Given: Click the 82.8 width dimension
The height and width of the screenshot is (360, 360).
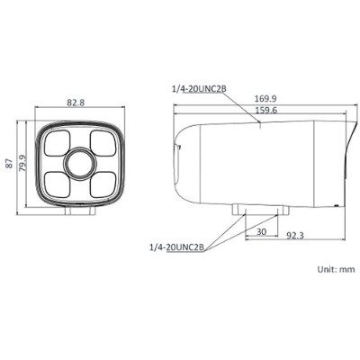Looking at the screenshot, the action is click(x=76, y=103).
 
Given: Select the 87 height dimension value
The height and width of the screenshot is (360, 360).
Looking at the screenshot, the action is click(x=10, y=164).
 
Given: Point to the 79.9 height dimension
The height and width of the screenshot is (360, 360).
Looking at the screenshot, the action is click(x=22, y=163).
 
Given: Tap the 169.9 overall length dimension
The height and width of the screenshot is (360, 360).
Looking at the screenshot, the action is click(x=265, y=98).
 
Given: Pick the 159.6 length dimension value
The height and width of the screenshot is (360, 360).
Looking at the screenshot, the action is click(x=265, y=110).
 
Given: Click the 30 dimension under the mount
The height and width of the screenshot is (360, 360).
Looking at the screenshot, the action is click(x=262, y=232).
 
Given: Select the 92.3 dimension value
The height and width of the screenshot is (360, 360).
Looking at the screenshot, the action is click(x=294, y=236).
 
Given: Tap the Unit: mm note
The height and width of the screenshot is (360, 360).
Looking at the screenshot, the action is click(x=336, y=269).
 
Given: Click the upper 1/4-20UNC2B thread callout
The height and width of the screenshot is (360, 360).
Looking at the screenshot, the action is click(x=199, y=89).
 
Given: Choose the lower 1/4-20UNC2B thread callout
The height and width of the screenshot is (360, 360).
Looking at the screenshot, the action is click(x=177, y=247).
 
